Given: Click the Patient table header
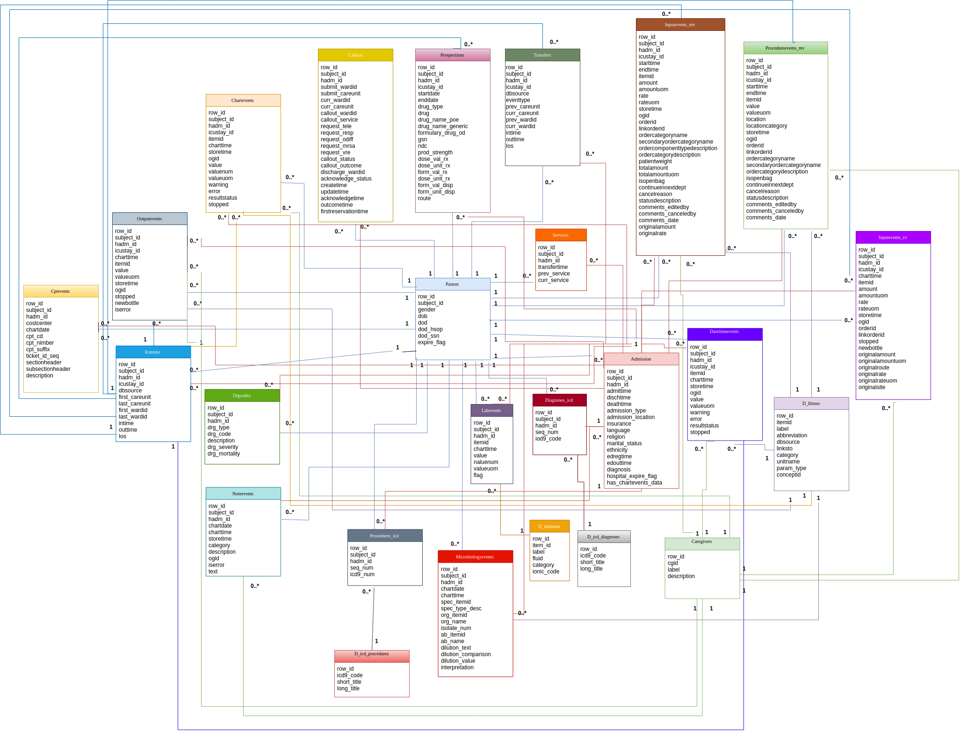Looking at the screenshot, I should pyautogui.click(x=452, y=284).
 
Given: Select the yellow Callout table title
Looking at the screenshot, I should pyautogui.click(x=355, y=55).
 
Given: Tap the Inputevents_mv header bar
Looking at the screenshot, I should pyautogui.click(x=680, y=25).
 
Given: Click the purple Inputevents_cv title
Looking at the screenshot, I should pyautogui.click(x=893, y=238).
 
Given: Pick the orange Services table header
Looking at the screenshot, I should pyautogui.click(x=561, y=235).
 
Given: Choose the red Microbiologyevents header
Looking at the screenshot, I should pyautogui.click(x=475, y=557).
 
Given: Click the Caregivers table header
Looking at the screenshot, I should pyautogui.click(x=701, y=542).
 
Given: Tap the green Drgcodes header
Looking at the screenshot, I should pyautogui.click(x=242, y=396).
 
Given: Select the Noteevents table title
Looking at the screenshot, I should pyautogui.click(x=243, y=494).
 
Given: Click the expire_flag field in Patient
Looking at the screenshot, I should pyautogui.click(x=432, y=342).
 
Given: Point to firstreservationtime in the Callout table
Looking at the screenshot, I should pyautogui.click(x=344, y=211).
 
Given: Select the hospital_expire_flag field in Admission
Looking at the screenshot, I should pyautogui.click(x=632, y=476).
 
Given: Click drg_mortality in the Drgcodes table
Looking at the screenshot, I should pyautogui.click(x=224, y=454).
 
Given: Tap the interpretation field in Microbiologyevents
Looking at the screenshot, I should pyautogui.click(x=457, y=667).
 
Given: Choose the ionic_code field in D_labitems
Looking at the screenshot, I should pyautogui.click(x=546, y=572).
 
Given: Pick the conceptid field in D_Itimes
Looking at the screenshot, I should pyautogui.click(x=788, y=475).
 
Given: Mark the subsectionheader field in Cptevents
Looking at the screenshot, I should pyautogui.click(x=48, y=369).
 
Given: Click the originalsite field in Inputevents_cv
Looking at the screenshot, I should pyautogui.click(x=872, y=387).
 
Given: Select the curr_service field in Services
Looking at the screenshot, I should pyautogui.click(x=553, y=280).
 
